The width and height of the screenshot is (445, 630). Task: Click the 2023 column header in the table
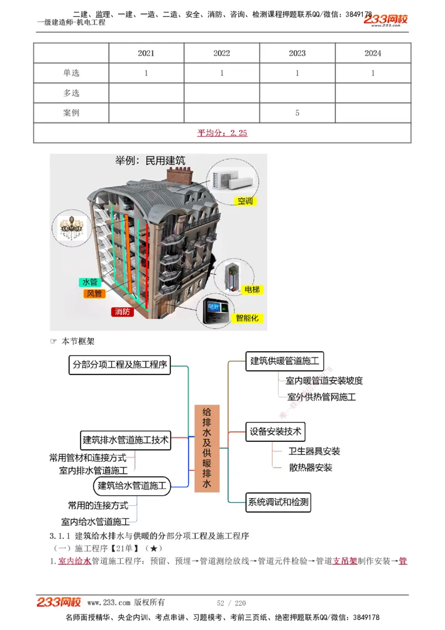pos(297,53)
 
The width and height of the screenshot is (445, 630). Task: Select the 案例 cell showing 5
pos(297,113)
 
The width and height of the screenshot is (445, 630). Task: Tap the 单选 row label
pos(71,73)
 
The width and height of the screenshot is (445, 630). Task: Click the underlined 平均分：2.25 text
pos(222,132)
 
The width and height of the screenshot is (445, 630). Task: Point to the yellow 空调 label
pos(245,201)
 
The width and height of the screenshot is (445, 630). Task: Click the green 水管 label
pos(90,282)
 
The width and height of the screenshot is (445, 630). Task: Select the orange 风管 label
pos(94,293)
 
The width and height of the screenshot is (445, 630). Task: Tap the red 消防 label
pos(122,312)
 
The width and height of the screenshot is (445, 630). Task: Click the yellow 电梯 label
pos(251,290)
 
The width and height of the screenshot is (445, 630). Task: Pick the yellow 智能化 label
pos(247,318)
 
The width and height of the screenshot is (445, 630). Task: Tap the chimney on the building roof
pos(179,176)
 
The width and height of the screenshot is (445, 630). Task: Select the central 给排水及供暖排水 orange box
pos(207,448)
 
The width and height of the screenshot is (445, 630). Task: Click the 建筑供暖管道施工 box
pos(284,361)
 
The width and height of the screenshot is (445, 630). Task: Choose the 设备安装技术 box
pos(275,431)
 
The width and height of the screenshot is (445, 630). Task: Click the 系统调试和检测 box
pos(278,502)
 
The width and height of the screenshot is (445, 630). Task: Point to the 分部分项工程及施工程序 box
pos(120,365)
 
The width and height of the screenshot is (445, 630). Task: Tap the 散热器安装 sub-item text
pos(310,467)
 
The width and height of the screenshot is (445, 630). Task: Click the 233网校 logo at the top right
pos(387,20)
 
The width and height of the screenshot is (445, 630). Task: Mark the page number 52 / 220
pos(231,603)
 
